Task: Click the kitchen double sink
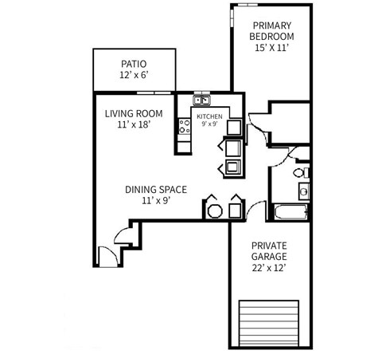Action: click(201, 101)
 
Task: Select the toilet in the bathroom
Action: click(300, 172)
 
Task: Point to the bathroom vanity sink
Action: click(303, 191)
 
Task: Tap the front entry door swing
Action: click(107, 257)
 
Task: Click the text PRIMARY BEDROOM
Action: click(271, 30)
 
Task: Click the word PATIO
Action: click(134, 65)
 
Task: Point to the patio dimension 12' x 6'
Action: click(134, 76)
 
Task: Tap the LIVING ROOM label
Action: click(133, 112)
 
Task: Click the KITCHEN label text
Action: click(209, 116)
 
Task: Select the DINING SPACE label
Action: click(156, 190)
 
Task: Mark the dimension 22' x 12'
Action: click(269, 269)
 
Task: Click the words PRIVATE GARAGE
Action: click(269, 251)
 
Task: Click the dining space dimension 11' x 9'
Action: click(156, 201)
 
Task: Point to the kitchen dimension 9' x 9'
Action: click(209, 124)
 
